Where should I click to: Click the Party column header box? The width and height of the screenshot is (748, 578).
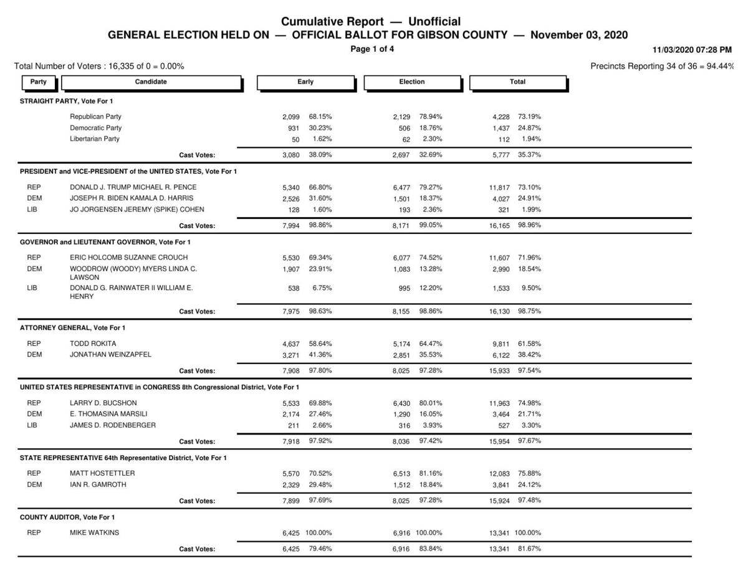(38, 82)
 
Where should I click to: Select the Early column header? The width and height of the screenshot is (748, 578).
(305, 82)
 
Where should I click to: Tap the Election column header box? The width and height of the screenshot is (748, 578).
(412, 82)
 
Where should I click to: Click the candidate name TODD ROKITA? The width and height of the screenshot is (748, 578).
(93, 344)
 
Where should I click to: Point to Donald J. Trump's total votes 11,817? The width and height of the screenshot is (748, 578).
(500, 188)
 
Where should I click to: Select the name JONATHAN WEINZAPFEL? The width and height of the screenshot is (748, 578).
(110, 355)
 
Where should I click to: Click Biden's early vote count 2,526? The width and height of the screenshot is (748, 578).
(291, 199)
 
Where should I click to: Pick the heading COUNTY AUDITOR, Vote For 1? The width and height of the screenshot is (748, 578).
(67, 517)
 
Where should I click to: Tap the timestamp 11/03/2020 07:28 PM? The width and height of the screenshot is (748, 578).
(692, 49)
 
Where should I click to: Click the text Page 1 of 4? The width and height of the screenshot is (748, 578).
(372, 49)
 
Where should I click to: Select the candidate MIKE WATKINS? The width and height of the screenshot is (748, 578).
(94, 533)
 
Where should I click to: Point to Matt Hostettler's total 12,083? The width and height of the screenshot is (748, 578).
(500, 474)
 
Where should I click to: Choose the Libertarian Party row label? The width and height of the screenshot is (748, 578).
(95, 139)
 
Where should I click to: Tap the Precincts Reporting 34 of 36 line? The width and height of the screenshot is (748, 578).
(661, 66)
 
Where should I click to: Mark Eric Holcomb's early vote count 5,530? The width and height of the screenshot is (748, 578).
(291, 258)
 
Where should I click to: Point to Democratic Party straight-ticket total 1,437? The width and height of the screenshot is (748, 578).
(501, 128)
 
